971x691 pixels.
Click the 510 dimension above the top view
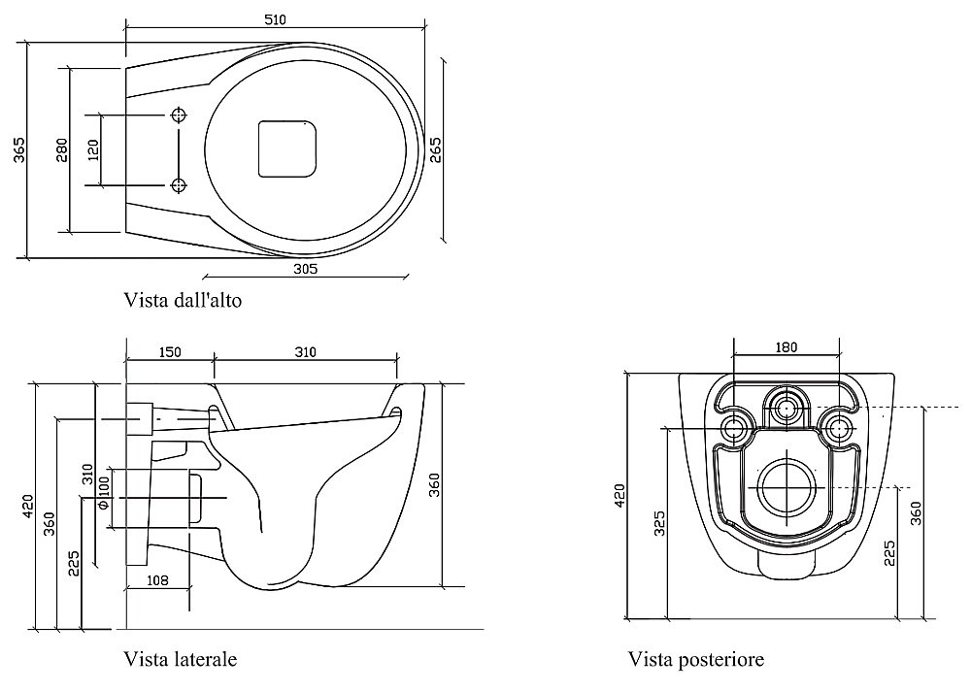click(277, 19)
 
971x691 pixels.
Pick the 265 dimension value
click(436, 149)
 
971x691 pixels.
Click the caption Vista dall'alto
click(183, 300)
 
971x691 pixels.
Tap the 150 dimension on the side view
click(169, 352)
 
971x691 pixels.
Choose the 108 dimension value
click(157, 580)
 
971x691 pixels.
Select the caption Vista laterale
click(181, 660)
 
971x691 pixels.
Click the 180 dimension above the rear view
click(786, 347)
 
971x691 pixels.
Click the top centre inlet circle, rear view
click(786, 406)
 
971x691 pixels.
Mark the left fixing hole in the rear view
click(735, 427)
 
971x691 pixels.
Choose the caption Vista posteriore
click(696, 660)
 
